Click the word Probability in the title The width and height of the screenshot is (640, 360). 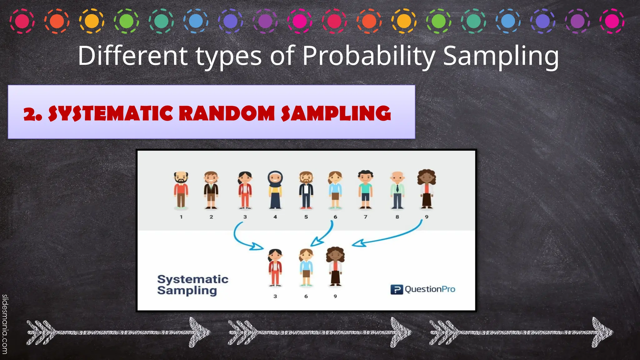tap(369, 56)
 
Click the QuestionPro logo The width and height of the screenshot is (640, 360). tap(423, 289)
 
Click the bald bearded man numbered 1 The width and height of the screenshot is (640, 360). tap(181, 190)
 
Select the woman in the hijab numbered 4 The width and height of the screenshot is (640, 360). tap(275, 190)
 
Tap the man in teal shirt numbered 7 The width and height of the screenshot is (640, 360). tap(365, 190)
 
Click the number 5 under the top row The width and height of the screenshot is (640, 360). tap(306, 217)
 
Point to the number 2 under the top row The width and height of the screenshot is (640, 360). tap(211, 217)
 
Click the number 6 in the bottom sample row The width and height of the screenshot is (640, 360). tap(306, 296)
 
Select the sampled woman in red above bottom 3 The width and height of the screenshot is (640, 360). tap(275, 268)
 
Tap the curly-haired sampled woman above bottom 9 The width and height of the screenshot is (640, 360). tap(335, 267)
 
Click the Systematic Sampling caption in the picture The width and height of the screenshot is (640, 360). tap(192, 285)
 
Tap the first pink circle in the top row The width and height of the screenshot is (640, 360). tap(22, 21)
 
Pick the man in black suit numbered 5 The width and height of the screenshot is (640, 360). tap(306, 190)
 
